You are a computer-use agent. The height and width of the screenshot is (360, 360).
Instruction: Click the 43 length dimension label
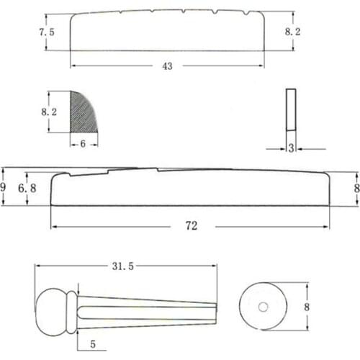tap(168, 66)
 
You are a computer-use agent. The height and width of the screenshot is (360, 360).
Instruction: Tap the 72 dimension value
tap(191, 225)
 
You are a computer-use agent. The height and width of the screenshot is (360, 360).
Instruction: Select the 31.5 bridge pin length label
tap(125, 266)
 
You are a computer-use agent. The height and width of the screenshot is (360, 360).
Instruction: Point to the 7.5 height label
tap(47, 33)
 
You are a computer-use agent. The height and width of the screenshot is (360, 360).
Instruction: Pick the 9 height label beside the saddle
tap(4, 186)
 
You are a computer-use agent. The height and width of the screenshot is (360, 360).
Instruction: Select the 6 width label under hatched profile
tap(84, 144)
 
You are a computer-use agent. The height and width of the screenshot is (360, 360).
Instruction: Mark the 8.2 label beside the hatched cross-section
tap(49, 112)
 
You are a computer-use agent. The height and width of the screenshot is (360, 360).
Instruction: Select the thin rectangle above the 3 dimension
tap(290, 109)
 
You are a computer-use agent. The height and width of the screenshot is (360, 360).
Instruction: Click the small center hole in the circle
tap(262, 307)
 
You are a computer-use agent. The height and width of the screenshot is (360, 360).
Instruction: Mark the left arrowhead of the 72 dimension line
tap(54, 225)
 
